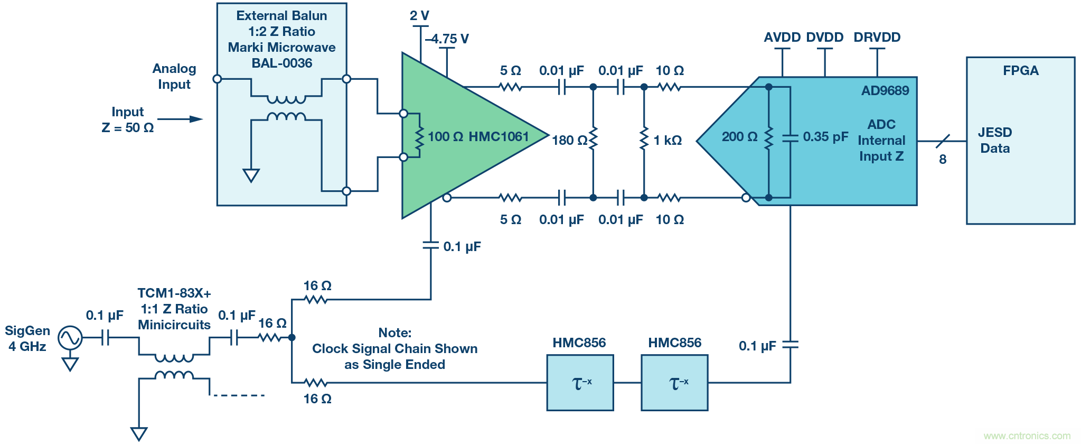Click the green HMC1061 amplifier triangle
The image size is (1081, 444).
pyautogui.click(x=465, y=135)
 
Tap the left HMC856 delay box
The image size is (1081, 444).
pyautogui.click(x=580, y=382)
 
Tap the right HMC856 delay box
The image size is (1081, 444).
pyautogui.click(x=674, y=382)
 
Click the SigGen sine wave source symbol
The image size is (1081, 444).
pyautogui.click(x=70, y=338)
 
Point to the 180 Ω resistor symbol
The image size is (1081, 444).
pyautogui.click(x=593, y=138)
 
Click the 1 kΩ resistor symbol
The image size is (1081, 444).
pyautogui.click(x=644, y=138)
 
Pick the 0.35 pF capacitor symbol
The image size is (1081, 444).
pyautogui.click(x=790, y=138)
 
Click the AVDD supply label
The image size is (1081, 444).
pyautogui.click(x=782, y=38)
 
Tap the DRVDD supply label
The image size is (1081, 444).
pyautogui.click(x=877, y=38)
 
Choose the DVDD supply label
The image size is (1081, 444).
pyautogui.click(x=824, y=38)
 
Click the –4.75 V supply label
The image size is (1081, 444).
pyautogui.click(x=447, y=39)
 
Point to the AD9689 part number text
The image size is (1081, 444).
pyautogui.click(x=885, y=90)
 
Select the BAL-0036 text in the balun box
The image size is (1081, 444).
pyautogui.click(x=281, y=63)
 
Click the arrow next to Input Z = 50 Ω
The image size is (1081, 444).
pyautogui.click(x=180, y=119)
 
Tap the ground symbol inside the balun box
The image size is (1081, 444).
pyautogui.click(x=251, y=175)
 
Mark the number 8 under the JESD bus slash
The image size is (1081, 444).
pyautogui.click(x=942, y=159)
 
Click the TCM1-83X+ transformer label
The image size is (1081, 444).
pyautogui.click(x=174, y=293)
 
